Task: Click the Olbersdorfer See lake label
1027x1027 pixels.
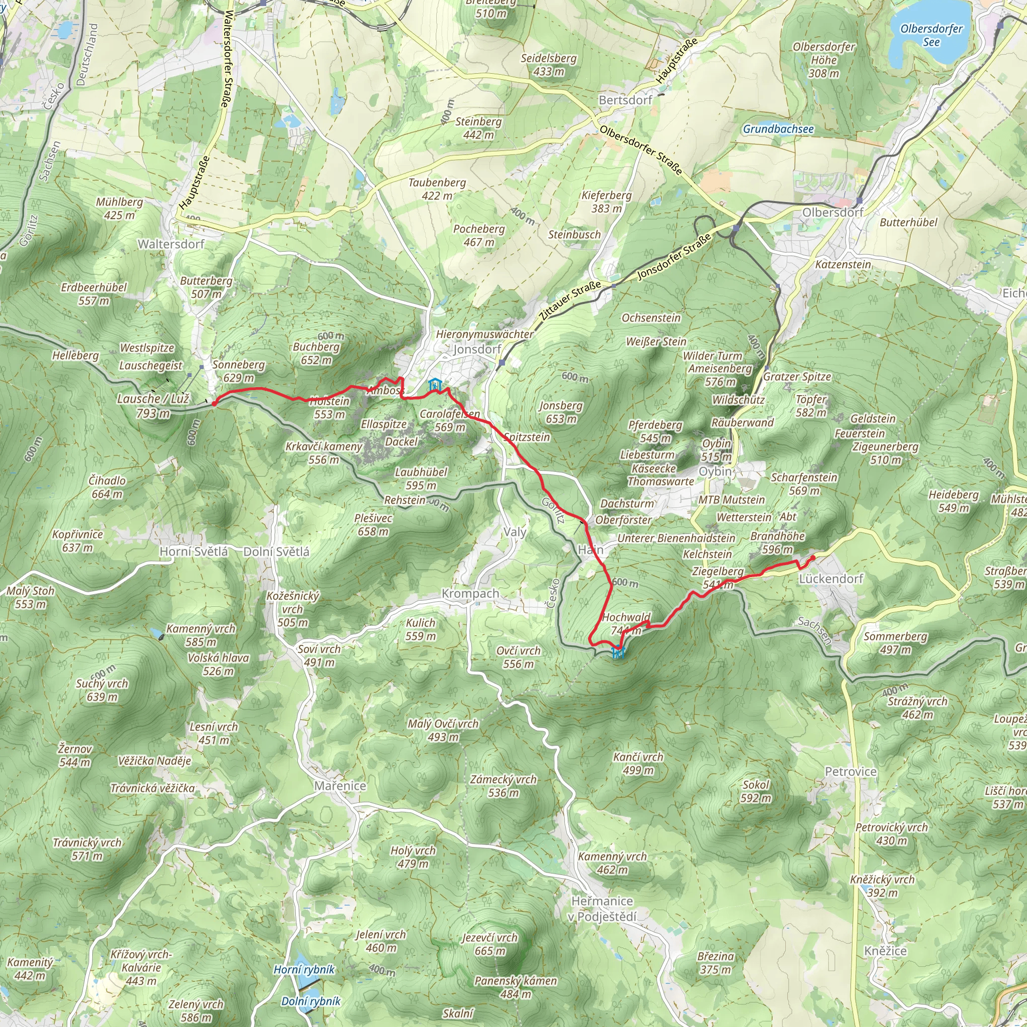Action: [x=931, y=35]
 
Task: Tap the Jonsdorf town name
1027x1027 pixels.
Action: [x=477, y=349]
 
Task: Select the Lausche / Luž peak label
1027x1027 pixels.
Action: [x=153, y=406]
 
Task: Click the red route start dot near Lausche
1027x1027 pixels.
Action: [x=214, y=404]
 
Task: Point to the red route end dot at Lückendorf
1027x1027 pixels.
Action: [x=812, y=558]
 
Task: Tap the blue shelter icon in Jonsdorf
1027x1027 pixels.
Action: [x=434, y=384]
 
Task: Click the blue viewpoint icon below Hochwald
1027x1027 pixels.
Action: [x=617, y=653]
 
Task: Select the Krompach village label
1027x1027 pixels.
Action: [x=470, y=593]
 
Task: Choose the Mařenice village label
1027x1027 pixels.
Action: [x=339, y=786]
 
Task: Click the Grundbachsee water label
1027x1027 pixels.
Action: [x=778, y=129]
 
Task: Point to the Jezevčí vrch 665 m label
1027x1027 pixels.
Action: [x=489, y=944]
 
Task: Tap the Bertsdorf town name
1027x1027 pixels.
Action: [x=625, y=100]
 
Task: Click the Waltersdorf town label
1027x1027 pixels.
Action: [x=170, y=244]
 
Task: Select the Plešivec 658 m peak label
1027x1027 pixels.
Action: [x=373, y=525]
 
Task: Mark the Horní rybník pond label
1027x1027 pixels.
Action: [x=304, y=970]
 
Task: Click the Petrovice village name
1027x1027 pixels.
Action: [x=850, y=771]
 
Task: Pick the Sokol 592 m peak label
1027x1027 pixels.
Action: [x=756, y=791]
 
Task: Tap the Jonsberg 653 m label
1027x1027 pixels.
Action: [x=561, y=412]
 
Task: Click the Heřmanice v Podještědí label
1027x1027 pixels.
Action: [x=603, y=909]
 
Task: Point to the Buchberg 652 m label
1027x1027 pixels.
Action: [x=316, y=353]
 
